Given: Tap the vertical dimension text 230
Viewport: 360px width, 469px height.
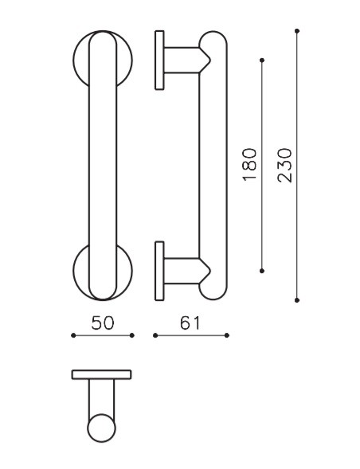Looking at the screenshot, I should (285, 165).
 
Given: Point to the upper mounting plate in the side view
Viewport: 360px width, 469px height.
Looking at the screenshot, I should (159, 60).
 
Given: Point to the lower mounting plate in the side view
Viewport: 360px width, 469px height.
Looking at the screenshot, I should (159, 271).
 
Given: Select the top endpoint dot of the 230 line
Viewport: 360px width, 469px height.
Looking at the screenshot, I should (297, 31).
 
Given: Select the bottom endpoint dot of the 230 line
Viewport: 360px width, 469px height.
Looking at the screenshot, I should (297, 300).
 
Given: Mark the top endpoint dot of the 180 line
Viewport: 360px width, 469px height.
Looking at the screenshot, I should (262, 60).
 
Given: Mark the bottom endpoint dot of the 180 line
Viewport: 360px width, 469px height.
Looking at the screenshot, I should (262, 271).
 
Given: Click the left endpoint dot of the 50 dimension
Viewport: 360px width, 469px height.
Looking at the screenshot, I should (72, 335).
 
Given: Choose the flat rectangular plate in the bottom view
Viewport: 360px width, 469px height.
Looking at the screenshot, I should (101, 374).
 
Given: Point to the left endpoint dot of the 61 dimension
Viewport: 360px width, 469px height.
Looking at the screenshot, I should (155, 335).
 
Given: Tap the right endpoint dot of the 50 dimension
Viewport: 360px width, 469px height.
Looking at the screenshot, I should (132, 335).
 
